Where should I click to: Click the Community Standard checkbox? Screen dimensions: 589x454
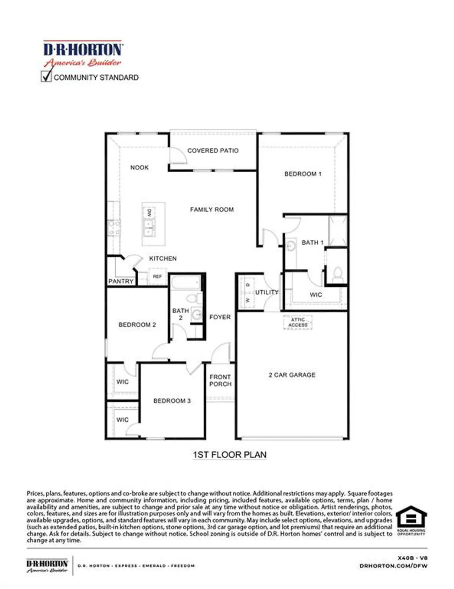46,77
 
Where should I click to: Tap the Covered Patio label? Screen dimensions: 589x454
213,151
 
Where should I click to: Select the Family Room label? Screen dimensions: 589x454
212,210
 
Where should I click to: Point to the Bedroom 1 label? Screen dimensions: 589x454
303,174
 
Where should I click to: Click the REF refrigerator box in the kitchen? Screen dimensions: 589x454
157,276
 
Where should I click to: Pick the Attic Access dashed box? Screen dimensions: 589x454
298,322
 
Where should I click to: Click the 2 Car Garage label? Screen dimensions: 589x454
292,375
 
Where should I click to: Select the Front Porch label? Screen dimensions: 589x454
220,380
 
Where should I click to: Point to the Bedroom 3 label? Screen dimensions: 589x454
172,401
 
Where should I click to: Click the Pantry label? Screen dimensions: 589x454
121,281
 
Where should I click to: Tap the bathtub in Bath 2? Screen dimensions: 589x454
186,284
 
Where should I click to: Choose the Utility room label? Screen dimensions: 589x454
267,292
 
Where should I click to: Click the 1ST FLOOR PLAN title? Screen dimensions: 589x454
229,455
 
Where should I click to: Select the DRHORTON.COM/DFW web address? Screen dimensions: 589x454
393,566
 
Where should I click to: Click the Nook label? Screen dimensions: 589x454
139,167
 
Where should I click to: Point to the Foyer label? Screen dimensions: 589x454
220,317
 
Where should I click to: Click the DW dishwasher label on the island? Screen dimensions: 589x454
149,213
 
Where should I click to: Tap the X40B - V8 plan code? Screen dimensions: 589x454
413,558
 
